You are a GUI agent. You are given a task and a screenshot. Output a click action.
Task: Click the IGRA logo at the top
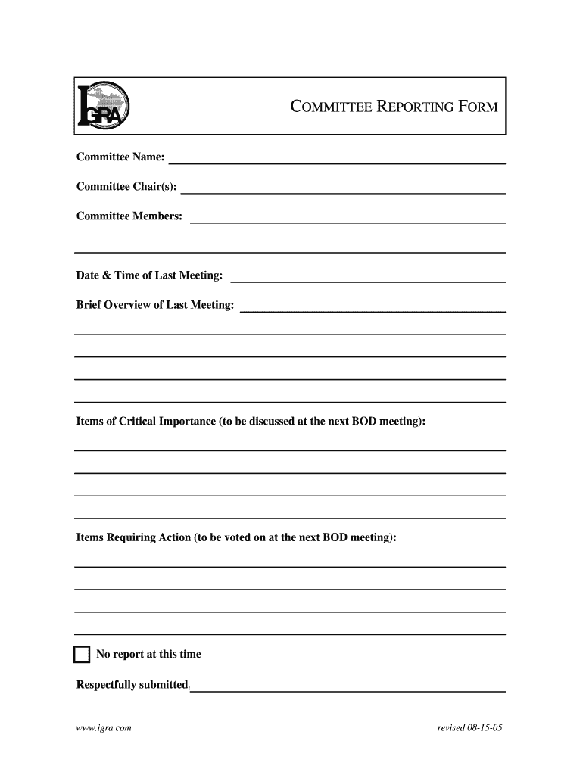104,107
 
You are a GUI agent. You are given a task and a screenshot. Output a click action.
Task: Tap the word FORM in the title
477,107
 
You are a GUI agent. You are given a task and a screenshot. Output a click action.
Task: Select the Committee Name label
120,157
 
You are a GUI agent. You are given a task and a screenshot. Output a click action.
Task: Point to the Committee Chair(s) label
126,187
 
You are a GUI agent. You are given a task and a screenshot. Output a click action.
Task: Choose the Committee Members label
129,216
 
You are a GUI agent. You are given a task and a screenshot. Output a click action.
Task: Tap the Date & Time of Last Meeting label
150,275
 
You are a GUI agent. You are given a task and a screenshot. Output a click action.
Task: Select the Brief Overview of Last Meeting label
155,305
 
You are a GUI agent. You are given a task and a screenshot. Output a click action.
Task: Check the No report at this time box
82,655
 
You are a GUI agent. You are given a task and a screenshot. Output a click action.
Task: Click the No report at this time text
148,655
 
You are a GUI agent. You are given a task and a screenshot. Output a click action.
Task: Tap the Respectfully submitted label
132,685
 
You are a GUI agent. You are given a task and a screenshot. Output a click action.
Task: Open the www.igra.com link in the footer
104,728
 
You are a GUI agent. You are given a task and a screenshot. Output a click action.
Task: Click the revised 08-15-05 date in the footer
470,728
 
